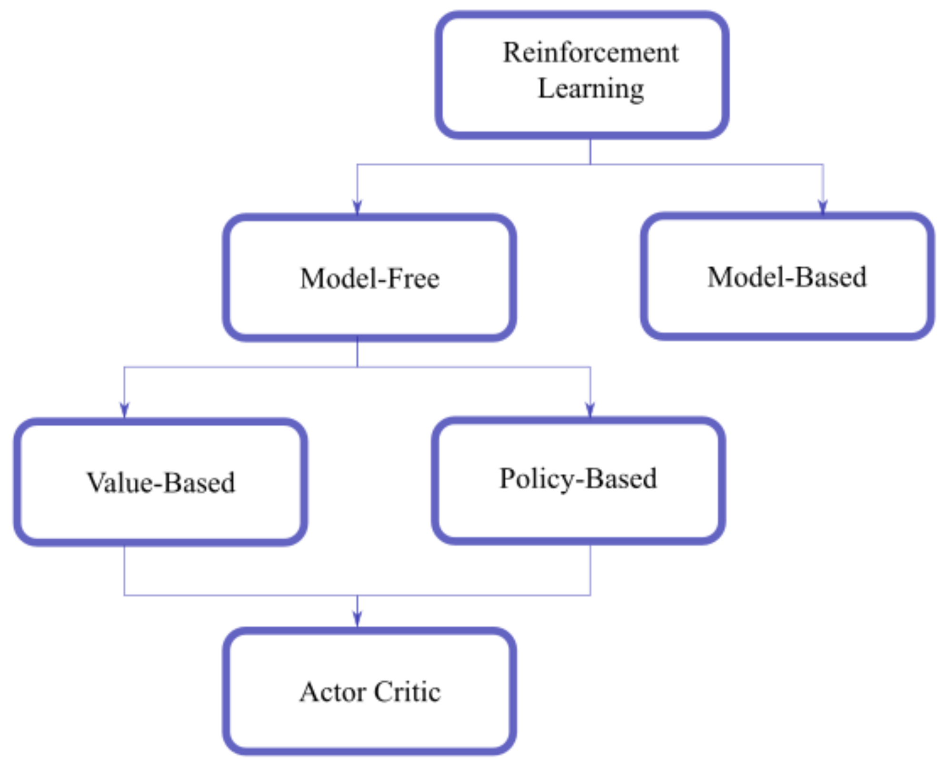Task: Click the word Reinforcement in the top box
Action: [x=590, y=52]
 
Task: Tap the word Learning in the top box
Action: [x=590, y=89]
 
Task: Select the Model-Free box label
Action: [x=369, y=278]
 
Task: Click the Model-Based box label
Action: [x=786, y=277]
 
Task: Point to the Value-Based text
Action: [x=160, y=482]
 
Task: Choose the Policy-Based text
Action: [x=577, y=478]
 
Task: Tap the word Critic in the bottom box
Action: [x=407, y=692]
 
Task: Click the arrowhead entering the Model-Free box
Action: [x=357, y=207]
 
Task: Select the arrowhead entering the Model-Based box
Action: [x=823, y=206]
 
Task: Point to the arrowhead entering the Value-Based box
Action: [x=124, y=410]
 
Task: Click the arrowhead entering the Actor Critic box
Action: [x=357, y=618]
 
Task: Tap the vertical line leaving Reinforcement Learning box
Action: [x=590, y=151]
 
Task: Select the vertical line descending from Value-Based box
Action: [x=124, y=569]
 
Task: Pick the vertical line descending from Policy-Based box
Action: [x=590, y=569]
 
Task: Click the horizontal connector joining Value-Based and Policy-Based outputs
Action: [x=238, y=595]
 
